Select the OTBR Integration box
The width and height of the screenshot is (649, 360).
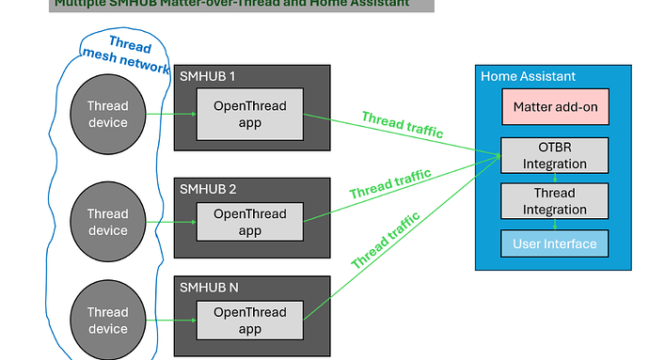556,155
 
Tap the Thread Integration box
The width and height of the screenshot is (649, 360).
556,200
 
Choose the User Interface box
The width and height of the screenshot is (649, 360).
556,243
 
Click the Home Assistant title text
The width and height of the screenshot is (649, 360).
528,76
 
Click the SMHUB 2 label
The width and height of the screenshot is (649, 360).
208,189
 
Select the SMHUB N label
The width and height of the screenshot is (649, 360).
209,288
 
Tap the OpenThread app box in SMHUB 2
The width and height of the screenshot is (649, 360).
249,222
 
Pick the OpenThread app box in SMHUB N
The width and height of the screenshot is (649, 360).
249,321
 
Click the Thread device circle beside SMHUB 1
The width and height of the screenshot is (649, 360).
107,115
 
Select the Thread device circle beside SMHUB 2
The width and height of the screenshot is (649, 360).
107,223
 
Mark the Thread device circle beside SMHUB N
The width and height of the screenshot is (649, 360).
107,321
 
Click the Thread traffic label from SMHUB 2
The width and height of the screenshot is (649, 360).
389,183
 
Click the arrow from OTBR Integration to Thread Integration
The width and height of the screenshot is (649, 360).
555,178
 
